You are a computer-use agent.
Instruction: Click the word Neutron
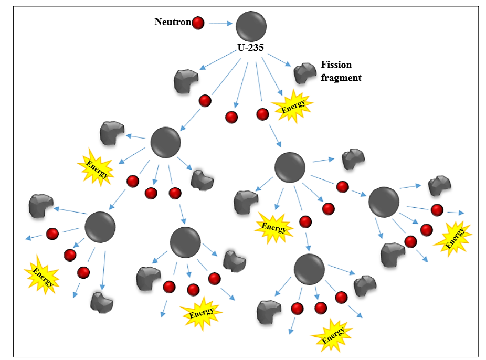(172, 22)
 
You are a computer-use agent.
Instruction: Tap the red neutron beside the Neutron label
(198, 23)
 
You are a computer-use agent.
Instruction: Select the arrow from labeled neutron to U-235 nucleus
(220, 23)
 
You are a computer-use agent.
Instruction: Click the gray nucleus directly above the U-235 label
(251, 26)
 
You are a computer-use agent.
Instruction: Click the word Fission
(336, 65)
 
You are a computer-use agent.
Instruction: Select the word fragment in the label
(341, 78)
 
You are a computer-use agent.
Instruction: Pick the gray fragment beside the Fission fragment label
(304, 73)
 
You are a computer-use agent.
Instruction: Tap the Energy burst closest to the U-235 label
(292, 105)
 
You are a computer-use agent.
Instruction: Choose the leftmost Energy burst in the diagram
(43, 273)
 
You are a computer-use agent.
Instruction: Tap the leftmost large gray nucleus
(100, 227)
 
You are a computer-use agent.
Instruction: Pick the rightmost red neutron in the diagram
(437, 210)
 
